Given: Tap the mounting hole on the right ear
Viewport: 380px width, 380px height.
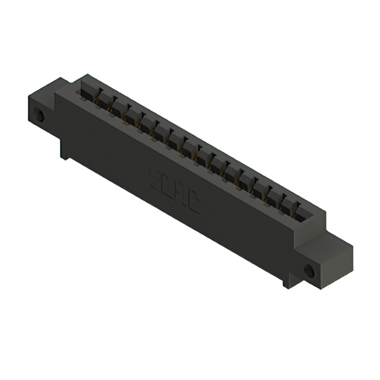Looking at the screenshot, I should point(309,271).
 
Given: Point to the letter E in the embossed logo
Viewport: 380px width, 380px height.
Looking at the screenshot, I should point(153,176).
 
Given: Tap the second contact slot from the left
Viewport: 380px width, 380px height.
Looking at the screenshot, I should point(104,99).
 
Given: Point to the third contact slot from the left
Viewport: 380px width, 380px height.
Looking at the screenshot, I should point(119,107).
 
